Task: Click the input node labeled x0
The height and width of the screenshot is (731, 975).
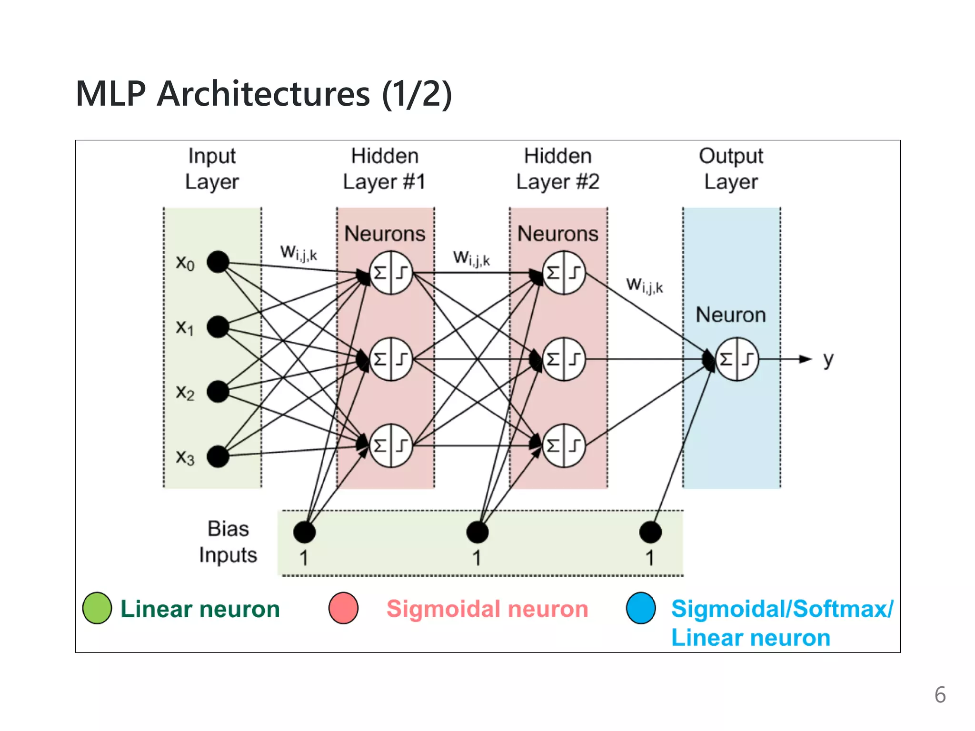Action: coord(218,262)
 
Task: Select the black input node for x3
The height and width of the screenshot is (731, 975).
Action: coord(218,456)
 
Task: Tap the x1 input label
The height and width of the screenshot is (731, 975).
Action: coord(185,327)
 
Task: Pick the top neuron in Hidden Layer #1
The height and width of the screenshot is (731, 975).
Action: coord(391,273)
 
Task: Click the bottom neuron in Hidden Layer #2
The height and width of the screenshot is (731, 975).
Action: coord(564,445)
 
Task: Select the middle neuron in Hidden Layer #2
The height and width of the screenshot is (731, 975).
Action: coord(564,359)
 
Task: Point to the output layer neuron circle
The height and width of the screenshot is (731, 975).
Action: coord(737,359)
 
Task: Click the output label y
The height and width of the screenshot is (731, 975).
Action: coord(828,360)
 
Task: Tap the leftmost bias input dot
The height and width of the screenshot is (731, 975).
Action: coord(304,532)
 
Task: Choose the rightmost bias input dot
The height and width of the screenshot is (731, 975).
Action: coord(650,532)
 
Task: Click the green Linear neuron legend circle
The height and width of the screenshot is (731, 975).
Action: coord(97,608)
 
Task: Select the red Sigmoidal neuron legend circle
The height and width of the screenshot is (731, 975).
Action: coord(343,608)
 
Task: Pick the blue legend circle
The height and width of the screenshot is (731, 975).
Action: coord(641,608)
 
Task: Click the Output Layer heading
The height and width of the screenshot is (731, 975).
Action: coord(731,169)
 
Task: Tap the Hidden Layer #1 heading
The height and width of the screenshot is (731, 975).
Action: coord(385,169)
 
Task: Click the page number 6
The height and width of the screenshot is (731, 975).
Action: coord(940,695)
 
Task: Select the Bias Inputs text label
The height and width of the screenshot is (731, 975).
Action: coord(228,542)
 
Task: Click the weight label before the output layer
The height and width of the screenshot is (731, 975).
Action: coord(645,286)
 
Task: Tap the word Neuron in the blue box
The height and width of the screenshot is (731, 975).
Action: coord(731,315)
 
